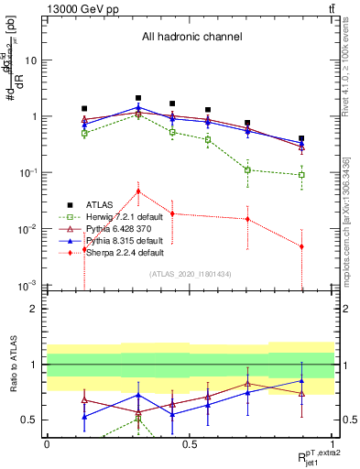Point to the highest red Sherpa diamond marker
(x=138, y=191)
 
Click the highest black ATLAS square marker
(x=138, y=97)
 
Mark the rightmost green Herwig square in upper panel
(x=301, y=175)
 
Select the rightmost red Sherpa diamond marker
(x=301, y=246)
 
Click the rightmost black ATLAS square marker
(x=301, y=138)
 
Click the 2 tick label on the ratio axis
(x=33, y=309)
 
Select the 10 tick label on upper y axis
(x=29, y=60)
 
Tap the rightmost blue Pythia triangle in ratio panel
(x=301, y=380)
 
